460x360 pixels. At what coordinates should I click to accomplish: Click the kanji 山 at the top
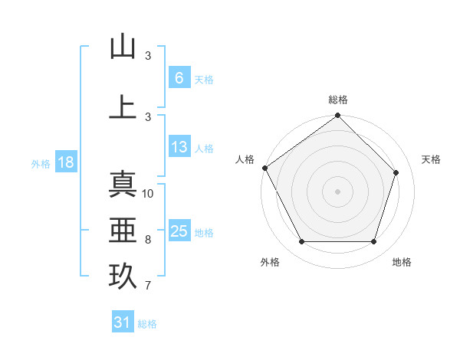pyautogui.click(x=123, y=47)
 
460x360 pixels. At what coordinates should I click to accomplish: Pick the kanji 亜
pyautogui.click(x=123, y=230)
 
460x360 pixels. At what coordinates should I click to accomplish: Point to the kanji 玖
pyautogui.click(x=123, y=276)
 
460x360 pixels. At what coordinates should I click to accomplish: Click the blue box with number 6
pyautogui.click(x=179, y=78)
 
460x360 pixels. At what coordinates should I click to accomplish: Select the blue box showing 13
pyautogui.click(x=179, y=147)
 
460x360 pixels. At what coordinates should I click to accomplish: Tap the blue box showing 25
pyautogui.click(x=179, y=231)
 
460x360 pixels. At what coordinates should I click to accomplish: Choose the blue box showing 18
pyautogui.click(x=64, y=162)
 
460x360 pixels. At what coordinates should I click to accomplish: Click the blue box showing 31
pyautogui.click(x=123, y=322)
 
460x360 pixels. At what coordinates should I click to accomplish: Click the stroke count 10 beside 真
pyautogui.click(x=148, y=193)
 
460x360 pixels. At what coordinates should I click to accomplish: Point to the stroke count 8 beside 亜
pyautogui.click(x=148, y=240)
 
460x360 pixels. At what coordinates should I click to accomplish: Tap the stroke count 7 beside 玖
pyautogui.click(x=148, y=286)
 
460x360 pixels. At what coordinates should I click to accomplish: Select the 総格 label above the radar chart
pyautogui.click(x=338, y=100)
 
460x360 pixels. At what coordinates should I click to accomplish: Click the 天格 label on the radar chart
pyautogui.click(x=432, y=159)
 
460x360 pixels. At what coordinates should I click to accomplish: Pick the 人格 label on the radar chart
pyautogui.click(x=245, y=159)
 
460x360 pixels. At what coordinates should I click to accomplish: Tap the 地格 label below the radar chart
pyautogui.click(x=402, y=262)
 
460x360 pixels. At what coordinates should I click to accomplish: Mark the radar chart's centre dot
pyautogui.click(x=338, y=191)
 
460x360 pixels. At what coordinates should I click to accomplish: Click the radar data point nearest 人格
pyautogui.click(x=264, y=168)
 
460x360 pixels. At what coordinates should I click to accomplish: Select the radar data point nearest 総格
pyautogui.click(x=338, y=116)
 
